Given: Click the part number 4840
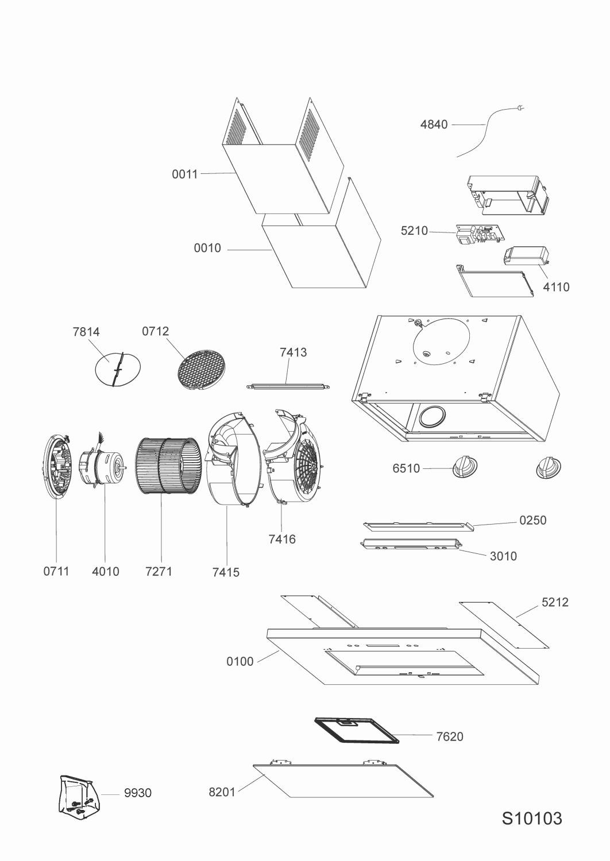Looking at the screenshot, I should (434, 125).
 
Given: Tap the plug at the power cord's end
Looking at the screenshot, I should (522, 107).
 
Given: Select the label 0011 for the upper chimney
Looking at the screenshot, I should (185, 174).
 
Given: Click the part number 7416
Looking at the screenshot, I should (281, 539).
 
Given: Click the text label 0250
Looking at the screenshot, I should (532, 520).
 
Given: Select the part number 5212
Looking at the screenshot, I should (555, 602).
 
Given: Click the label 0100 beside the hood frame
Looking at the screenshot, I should (240, 661).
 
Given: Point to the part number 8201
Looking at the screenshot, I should (222, 792).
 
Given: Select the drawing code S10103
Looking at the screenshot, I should (532, 818).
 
